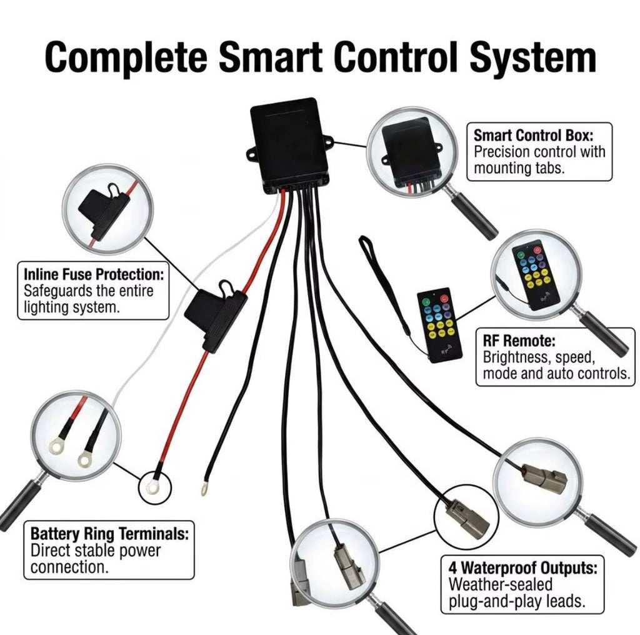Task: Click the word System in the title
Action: coord(532,57)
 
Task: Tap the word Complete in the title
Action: coord(126,57)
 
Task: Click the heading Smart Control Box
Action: coord(534,135)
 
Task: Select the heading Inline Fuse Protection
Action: coord(94,274)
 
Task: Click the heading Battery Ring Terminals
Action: coord(110,533)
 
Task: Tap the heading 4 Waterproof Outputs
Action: coord(523,567)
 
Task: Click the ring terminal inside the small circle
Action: coord(154,486)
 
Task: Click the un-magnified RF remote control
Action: coord(439,325)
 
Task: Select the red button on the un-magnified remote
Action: coord(444,300)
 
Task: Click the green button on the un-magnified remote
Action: coord(426,302)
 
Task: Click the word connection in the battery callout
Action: coord(70,567)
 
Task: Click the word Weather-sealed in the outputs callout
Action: coord(501,584)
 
